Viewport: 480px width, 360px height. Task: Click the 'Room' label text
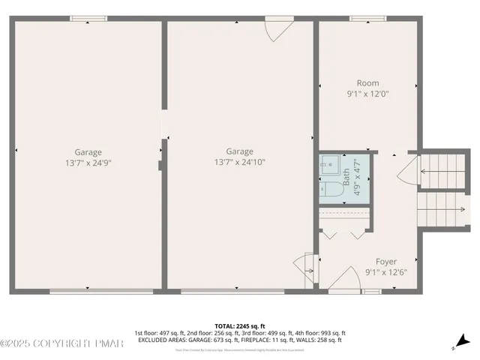pyautogui.click(x=367, y=83)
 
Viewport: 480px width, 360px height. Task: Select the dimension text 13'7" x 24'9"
pyautogui.click(x=88, y=162)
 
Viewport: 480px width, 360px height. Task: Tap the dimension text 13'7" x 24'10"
pyautogui.click(x=239, y=161)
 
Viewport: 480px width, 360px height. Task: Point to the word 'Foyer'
pyautogui.click(x=385, y=262)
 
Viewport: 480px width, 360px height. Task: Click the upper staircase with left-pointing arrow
pyautogui.click(x=442, y=171)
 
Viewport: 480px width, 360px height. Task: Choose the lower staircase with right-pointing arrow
pyautogui.click(x=442, y=208)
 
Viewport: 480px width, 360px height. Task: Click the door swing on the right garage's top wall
pyautogui.click(x=277, y=29)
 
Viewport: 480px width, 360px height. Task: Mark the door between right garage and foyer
pyautogui.click(x=306, y=265)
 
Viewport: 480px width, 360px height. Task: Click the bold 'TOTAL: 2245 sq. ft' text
pyautogui.click(x=239, y=326)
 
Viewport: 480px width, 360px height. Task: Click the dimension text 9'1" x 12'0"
pyautogui.click(x=367, y=94)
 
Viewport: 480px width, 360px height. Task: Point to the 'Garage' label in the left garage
pyautogui.click(x=88, y=151)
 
